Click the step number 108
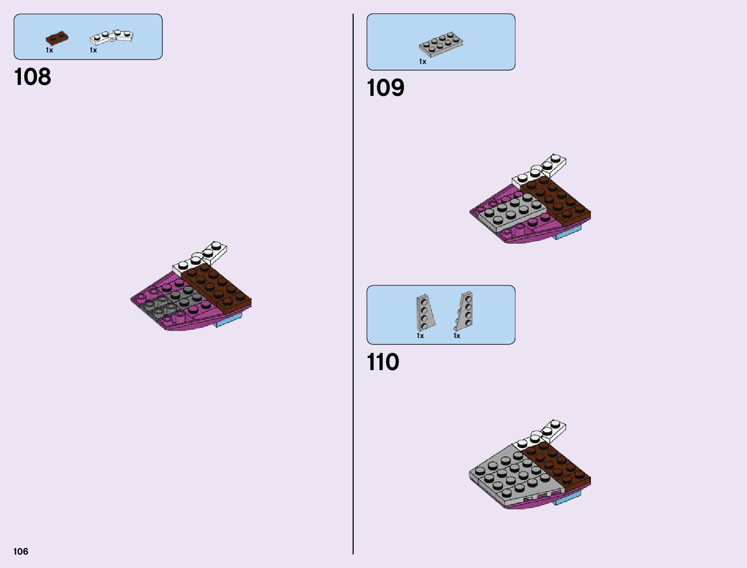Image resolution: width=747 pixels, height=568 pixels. pyautogui.click(x=32, y=77)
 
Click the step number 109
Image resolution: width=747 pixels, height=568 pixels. pyautogui.click(x=385, y=88)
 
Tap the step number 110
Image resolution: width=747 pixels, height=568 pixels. pyautogui.click(x=383, y=362)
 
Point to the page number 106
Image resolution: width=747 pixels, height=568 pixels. pyautogui.click(x=21, y=552)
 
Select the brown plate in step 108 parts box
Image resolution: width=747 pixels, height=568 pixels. pyautogui.click(x=57, y=38)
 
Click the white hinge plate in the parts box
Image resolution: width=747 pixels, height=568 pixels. pyautogui.click(x=112, y=37)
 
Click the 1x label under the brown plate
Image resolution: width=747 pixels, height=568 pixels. pyautogui.click(x=49, y=50)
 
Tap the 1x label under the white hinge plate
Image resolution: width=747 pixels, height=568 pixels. pyautogui.click(x=93, y=50)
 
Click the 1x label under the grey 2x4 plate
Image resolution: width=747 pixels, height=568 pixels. pyautogui.click(x=422, y=62)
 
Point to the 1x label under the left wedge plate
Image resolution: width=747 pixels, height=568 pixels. pyautogui.click(x=420, y=336)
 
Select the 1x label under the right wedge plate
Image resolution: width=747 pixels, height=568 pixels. pyautogui.click(x=457, y=336)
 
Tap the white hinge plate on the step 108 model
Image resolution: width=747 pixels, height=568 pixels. pyautogui.click(x=200, y=258)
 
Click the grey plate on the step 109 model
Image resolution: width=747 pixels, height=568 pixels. pyautogui.click(x=511, y=212)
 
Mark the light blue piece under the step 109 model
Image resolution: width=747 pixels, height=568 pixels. pyautogui.click(x=568, y=232)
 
